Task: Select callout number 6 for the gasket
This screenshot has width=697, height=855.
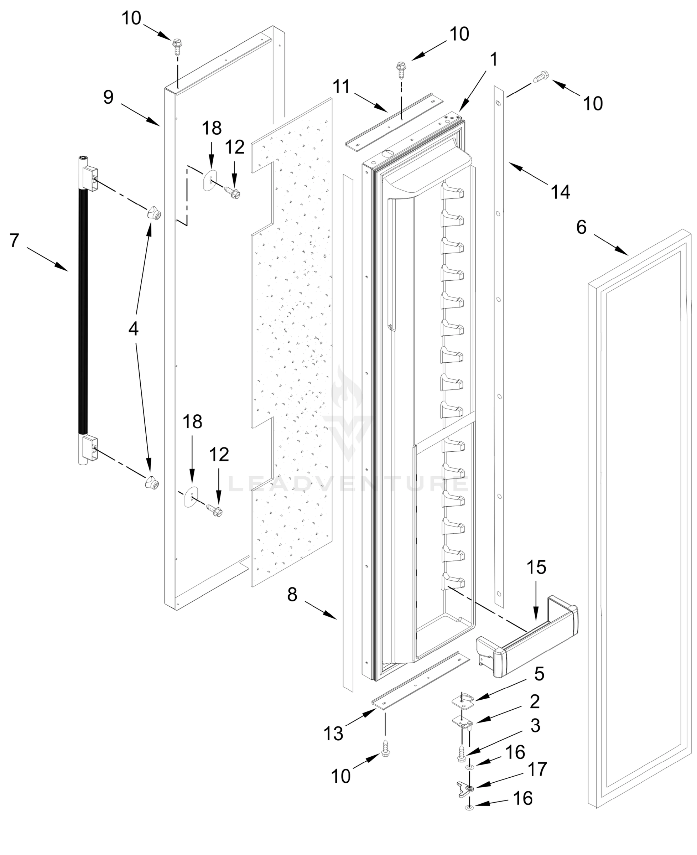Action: [x=581, y=227]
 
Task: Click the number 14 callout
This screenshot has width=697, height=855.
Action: [x=561, y=192]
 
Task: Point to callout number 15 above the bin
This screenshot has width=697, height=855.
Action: [x=536, y=567]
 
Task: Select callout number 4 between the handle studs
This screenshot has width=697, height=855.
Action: [x=133, y=329]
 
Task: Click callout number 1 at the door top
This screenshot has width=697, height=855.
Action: [x=494, y=59]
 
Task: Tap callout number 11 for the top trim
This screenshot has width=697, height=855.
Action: [x=342, y=87]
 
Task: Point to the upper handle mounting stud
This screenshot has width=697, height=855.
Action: [x=154, y=212]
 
